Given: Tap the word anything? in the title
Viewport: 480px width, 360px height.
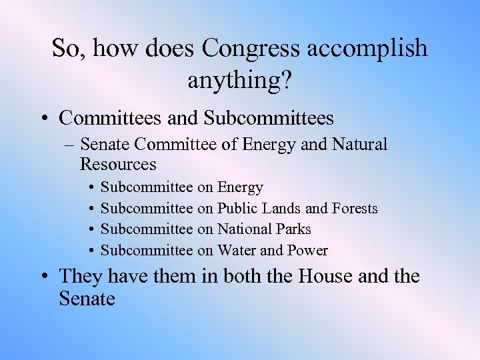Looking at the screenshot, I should tap(240, 80).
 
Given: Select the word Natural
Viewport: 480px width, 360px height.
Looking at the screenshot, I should tap(359, 144).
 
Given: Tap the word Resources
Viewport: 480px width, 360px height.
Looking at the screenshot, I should tap(117, 163).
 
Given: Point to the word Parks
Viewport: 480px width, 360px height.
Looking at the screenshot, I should tap(292, 229).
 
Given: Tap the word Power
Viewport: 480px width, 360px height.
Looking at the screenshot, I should tap(307, 250).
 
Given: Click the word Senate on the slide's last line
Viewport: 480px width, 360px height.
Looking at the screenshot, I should tap(87, 299).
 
